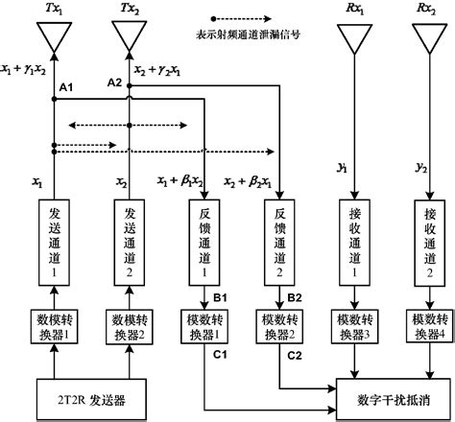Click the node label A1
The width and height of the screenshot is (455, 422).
66,87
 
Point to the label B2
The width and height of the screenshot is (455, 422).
293,297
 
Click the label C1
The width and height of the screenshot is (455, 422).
219,354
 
